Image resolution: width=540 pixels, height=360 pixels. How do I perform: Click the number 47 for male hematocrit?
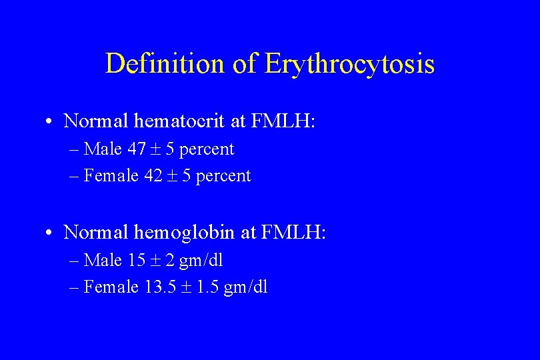click(137, 149)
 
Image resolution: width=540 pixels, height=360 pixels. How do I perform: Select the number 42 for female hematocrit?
click(153, 176)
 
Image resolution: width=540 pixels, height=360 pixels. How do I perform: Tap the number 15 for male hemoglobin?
click(136, 261)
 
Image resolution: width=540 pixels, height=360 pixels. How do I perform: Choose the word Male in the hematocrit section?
click(103, 149)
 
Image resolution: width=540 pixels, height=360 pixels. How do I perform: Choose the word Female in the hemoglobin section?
click(111, 287)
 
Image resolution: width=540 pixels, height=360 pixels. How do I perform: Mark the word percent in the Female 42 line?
click(225, 177)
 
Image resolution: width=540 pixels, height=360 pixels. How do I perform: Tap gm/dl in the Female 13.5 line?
click(246, 288)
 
